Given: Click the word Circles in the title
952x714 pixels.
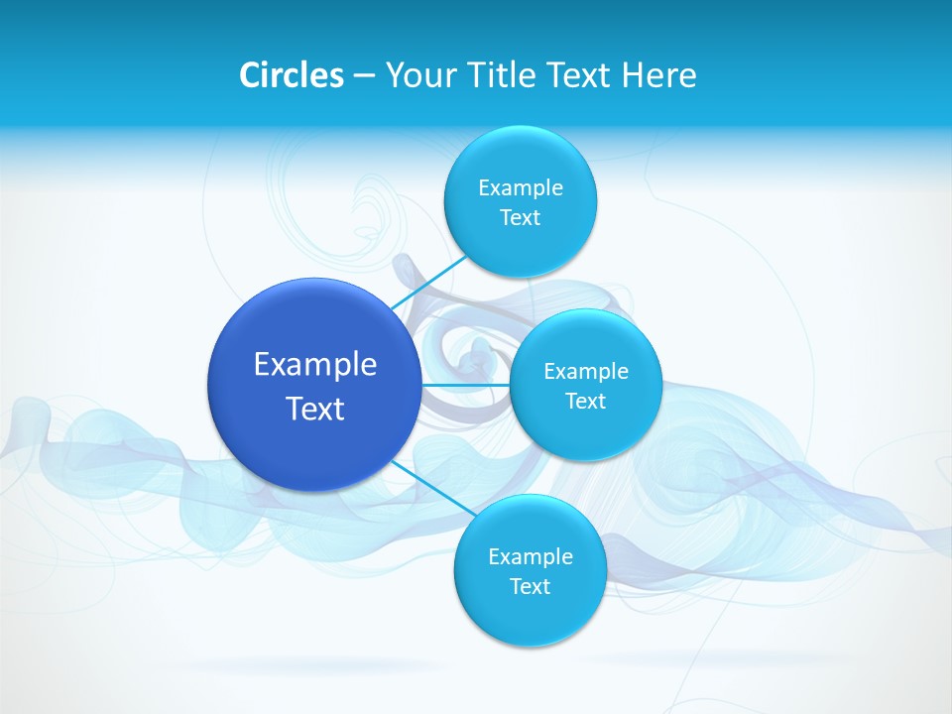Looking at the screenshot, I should click(292, 75).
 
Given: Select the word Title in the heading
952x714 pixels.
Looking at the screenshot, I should click(506, 75).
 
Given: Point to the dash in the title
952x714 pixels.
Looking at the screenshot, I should click(364, 76).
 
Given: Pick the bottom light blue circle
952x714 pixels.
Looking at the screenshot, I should click(530, 615).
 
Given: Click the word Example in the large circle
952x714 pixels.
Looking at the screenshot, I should click(315, 365).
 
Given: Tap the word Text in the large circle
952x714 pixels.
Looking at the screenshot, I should click(315, 409).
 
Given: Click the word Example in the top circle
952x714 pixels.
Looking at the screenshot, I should click(521, 188).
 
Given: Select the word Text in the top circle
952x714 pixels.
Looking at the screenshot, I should click(521, 218).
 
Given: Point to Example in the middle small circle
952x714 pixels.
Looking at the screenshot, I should click(586, 372).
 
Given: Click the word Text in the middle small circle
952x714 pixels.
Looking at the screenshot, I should click(586, 401).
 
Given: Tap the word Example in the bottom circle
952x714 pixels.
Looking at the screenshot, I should click(531, 556).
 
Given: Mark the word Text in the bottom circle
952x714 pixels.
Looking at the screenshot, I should click(531, 586).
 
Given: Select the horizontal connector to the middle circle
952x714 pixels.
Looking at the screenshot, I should click(465, 384).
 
